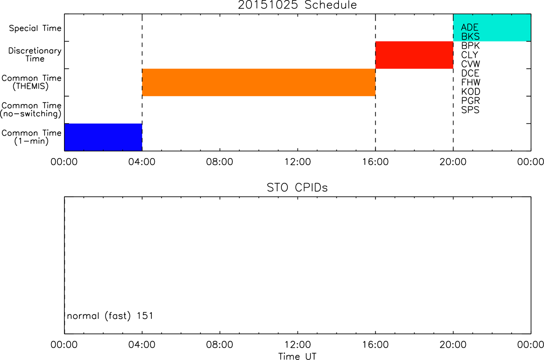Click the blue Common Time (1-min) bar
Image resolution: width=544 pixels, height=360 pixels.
(103, 137)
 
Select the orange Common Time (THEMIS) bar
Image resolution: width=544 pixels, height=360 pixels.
(259, 82)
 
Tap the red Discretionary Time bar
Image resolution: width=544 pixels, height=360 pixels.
(414, 55)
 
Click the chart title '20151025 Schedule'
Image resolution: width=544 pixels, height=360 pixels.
(297, 5)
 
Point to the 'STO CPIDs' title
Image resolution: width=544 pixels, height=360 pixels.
(297, 188)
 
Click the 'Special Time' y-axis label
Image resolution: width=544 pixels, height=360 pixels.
(35, 28)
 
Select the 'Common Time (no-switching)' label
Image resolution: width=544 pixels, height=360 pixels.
(31, 110)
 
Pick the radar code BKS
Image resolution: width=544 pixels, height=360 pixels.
(470, 36)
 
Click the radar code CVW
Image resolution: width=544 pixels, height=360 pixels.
(470, 64)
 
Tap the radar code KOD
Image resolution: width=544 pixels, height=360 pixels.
(471, 92)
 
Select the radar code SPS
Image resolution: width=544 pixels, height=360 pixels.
(470, 110)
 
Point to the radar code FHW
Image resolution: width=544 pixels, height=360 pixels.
(471, 82)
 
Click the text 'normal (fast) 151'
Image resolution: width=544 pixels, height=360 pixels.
(110, 316)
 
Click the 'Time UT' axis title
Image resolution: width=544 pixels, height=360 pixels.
(297, 356)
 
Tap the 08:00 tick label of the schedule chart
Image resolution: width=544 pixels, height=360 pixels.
(219, 162)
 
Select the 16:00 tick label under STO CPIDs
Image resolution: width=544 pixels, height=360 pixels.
(376, 345)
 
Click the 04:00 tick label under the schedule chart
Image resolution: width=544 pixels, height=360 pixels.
(142, 162)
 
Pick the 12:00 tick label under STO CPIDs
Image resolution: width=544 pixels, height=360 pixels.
(298, 345)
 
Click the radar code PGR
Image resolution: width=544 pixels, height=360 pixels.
(470, 101)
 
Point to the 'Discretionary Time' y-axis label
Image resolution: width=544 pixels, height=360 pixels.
(35, 55)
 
